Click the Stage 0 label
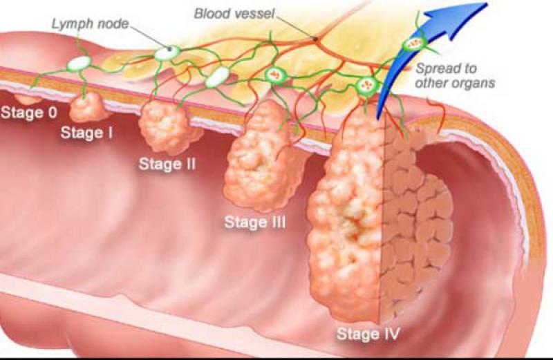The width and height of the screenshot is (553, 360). pos(29,113)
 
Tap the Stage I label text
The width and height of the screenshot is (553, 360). pos(87,133)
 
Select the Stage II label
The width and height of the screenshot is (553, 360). pos(167,164)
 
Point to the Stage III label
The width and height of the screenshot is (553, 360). pos(255,222)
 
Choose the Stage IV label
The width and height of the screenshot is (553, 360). pos(368,334)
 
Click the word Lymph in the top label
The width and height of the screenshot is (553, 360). pos(73,24)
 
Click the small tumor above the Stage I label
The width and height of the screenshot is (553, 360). pos(87,107)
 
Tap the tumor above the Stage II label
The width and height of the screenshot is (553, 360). pos(167,128)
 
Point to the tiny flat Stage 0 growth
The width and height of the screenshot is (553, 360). pos(29,99)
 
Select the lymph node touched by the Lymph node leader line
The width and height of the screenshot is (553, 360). pos(167,53)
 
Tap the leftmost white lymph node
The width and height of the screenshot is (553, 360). pos(79,64)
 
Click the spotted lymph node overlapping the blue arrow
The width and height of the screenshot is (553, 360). pos(415,43)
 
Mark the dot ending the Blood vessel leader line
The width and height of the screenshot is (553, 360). pos(316,38)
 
